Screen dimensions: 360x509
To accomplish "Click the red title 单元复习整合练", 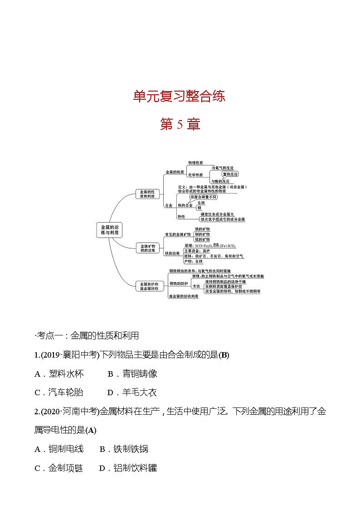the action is pos(180,97).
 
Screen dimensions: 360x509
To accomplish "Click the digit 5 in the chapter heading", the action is pos(180,125).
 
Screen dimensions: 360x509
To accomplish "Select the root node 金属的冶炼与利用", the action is pos(109,229).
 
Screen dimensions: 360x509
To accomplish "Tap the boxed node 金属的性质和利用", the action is pos(147,194).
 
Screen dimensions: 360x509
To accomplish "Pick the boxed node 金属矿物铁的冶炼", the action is pos(147,247).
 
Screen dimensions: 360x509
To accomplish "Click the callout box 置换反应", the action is pos(230,174).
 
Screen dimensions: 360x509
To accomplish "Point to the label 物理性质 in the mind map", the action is pos(195,162).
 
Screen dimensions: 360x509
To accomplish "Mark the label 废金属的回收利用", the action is pos(184,296).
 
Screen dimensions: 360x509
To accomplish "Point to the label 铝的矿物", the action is pos(202,239).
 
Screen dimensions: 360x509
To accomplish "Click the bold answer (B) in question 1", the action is pos(224,355).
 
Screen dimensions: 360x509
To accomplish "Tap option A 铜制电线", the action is pos(59,449).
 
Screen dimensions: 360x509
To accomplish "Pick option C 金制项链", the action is pos(59,468).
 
